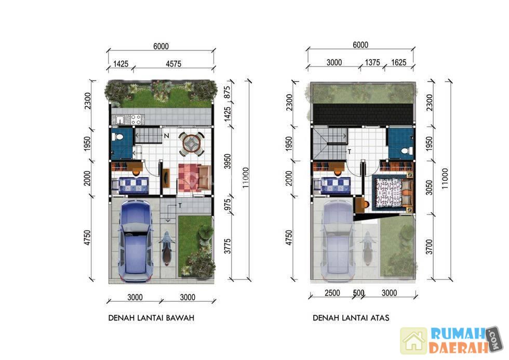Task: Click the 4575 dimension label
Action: coord(173,63)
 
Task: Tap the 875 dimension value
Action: coord(227,92)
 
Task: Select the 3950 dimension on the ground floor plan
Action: coord(227,162)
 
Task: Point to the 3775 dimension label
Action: coord(227,246)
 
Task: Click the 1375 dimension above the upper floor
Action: coord(372,62)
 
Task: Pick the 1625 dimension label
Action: coord(399,62)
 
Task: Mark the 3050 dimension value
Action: coord(429,188)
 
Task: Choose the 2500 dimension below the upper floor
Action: coord(332,293)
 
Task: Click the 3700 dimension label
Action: coord(429,247)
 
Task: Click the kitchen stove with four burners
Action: coord(136,119)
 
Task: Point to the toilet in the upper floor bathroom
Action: coord(406,151)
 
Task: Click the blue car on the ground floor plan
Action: coord(136,241)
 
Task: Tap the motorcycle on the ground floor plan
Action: coord(167,248)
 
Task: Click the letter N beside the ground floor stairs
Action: coord(167,136)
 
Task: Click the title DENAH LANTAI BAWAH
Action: coord(151,318)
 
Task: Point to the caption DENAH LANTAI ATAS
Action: coord(351,318)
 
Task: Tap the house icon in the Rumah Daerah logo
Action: coord(413,341)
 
